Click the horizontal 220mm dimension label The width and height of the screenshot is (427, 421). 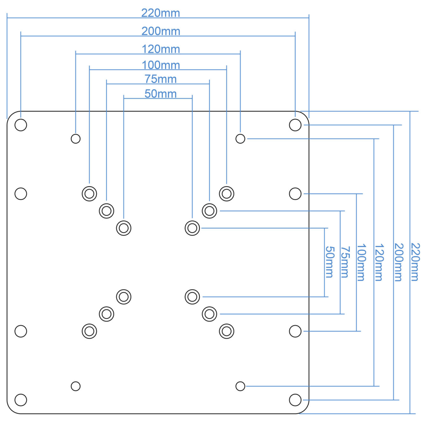(161, 13)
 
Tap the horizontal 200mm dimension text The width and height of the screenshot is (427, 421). (161, 31)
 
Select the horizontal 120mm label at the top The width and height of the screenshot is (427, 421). (161, 49)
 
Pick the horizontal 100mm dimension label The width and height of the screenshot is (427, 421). (161, 65)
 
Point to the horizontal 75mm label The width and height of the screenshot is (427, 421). (161, 79)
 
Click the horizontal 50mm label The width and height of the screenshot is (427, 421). (161, 94)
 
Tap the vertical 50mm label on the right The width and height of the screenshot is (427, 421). (330, 262)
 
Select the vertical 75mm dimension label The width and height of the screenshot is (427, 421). (345, 262)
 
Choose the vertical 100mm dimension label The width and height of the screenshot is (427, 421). (361, 262)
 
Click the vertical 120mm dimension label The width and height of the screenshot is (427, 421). (379, 262)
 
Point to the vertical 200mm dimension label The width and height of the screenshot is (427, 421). (399, 262)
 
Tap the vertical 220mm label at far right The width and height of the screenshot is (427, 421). (415, 262)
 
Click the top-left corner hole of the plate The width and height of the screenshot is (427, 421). (21, 125)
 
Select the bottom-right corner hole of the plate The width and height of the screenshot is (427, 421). (295, 400)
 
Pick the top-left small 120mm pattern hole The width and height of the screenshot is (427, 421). (76, 139)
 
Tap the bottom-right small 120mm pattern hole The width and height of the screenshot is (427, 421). (240, 386)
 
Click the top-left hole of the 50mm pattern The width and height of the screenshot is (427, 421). (123, 228)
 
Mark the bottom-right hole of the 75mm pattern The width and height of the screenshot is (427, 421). (209, 314)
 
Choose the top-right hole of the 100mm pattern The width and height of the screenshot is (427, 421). (226, 194)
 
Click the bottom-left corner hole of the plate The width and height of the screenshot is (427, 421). (21, 400)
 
